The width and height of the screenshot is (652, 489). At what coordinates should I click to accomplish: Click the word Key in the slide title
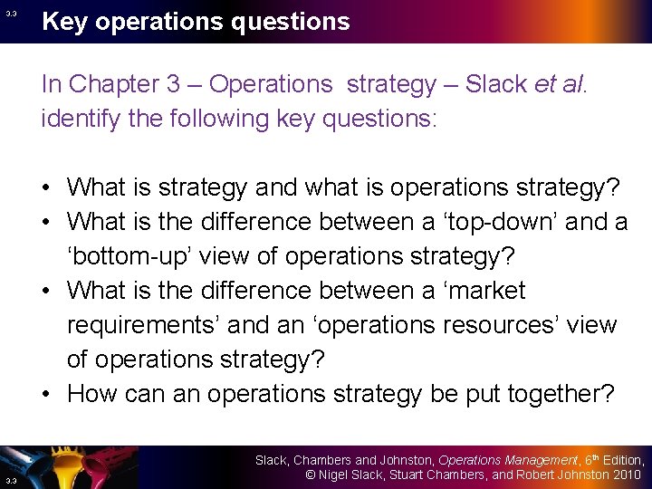[x=66, y=22]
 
